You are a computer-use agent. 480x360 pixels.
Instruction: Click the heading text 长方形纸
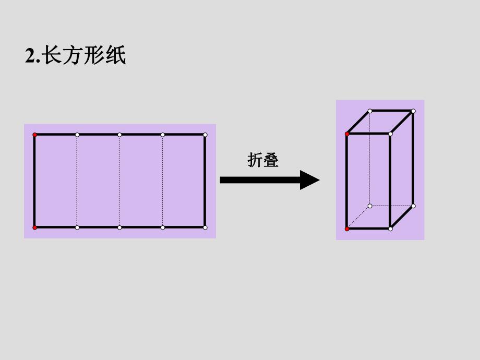84,56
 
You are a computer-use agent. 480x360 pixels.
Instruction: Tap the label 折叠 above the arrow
263,160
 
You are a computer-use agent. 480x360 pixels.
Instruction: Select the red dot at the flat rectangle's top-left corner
35,135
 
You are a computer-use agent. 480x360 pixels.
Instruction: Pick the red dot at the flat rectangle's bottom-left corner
35,227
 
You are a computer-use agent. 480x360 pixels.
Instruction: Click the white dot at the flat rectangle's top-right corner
205,135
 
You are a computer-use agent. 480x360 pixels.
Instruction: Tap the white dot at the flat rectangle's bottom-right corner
205,227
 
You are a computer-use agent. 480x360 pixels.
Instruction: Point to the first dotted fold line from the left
77,181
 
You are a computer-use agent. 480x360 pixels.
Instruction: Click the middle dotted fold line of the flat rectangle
119,181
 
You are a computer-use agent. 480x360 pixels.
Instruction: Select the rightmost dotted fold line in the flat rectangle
162,181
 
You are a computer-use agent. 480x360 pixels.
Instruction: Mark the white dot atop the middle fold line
119,135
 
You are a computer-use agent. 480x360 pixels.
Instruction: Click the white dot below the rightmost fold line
163,227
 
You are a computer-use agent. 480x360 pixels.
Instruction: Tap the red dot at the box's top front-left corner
347,134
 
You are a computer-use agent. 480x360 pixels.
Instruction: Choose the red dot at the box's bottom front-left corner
347,229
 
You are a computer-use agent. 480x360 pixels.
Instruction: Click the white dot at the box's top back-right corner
413,111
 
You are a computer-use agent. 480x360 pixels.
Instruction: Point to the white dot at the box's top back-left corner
370,111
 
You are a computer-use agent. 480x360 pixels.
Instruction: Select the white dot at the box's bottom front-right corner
390,229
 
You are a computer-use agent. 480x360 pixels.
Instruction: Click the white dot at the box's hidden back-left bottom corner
370,206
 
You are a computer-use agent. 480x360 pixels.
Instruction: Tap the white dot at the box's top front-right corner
390,134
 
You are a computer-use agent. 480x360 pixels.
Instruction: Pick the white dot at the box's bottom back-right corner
413,206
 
